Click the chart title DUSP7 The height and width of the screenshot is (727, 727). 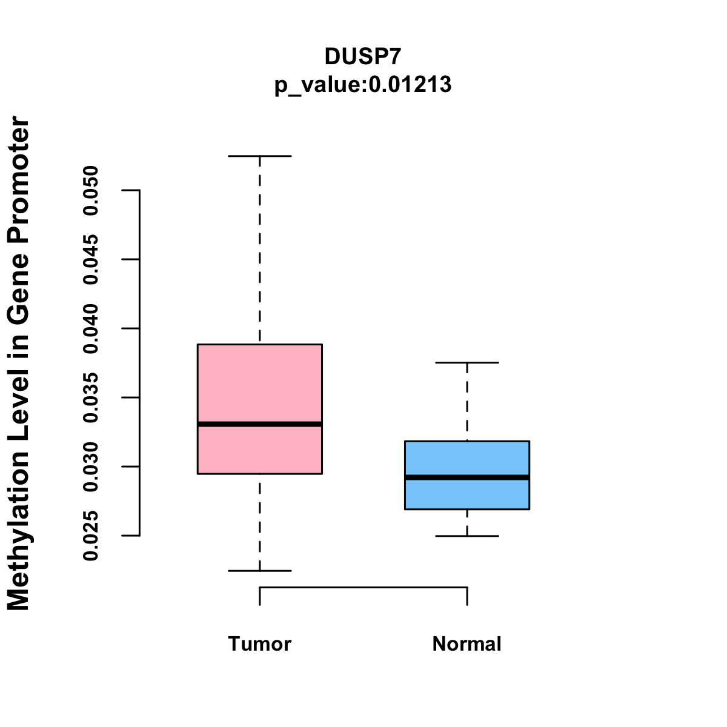(x=363, y=56)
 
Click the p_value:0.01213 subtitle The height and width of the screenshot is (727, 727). (x=363, y=85)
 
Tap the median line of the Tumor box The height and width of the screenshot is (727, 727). (x=260, y=424)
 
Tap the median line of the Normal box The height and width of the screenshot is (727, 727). (x=467, y=477)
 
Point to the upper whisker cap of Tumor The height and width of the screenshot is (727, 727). (x=260, y=156)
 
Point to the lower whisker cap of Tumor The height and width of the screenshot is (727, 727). (x=260, y=571)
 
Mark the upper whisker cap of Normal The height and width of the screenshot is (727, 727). (x=467, y=362)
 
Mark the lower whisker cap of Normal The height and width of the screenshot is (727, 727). (x=467, y=536)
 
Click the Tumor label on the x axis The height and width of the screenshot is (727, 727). (x=260, y=644)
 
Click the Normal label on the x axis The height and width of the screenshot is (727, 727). (x=467, y=644)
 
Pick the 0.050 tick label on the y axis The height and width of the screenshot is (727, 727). (x=91, y=190)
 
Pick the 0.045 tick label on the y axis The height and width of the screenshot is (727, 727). (x=91, y=259)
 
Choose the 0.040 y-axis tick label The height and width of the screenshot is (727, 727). (x=91, y=328)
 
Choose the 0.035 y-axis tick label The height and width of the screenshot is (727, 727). (x=91, y=397)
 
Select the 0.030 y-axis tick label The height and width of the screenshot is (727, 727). (x=91, y=466)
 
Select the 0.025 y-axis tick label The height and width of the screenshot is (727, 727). (x=91, y=536)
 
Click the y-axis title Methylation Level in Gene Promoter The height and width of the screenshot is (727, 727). (x=19, y=363)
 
